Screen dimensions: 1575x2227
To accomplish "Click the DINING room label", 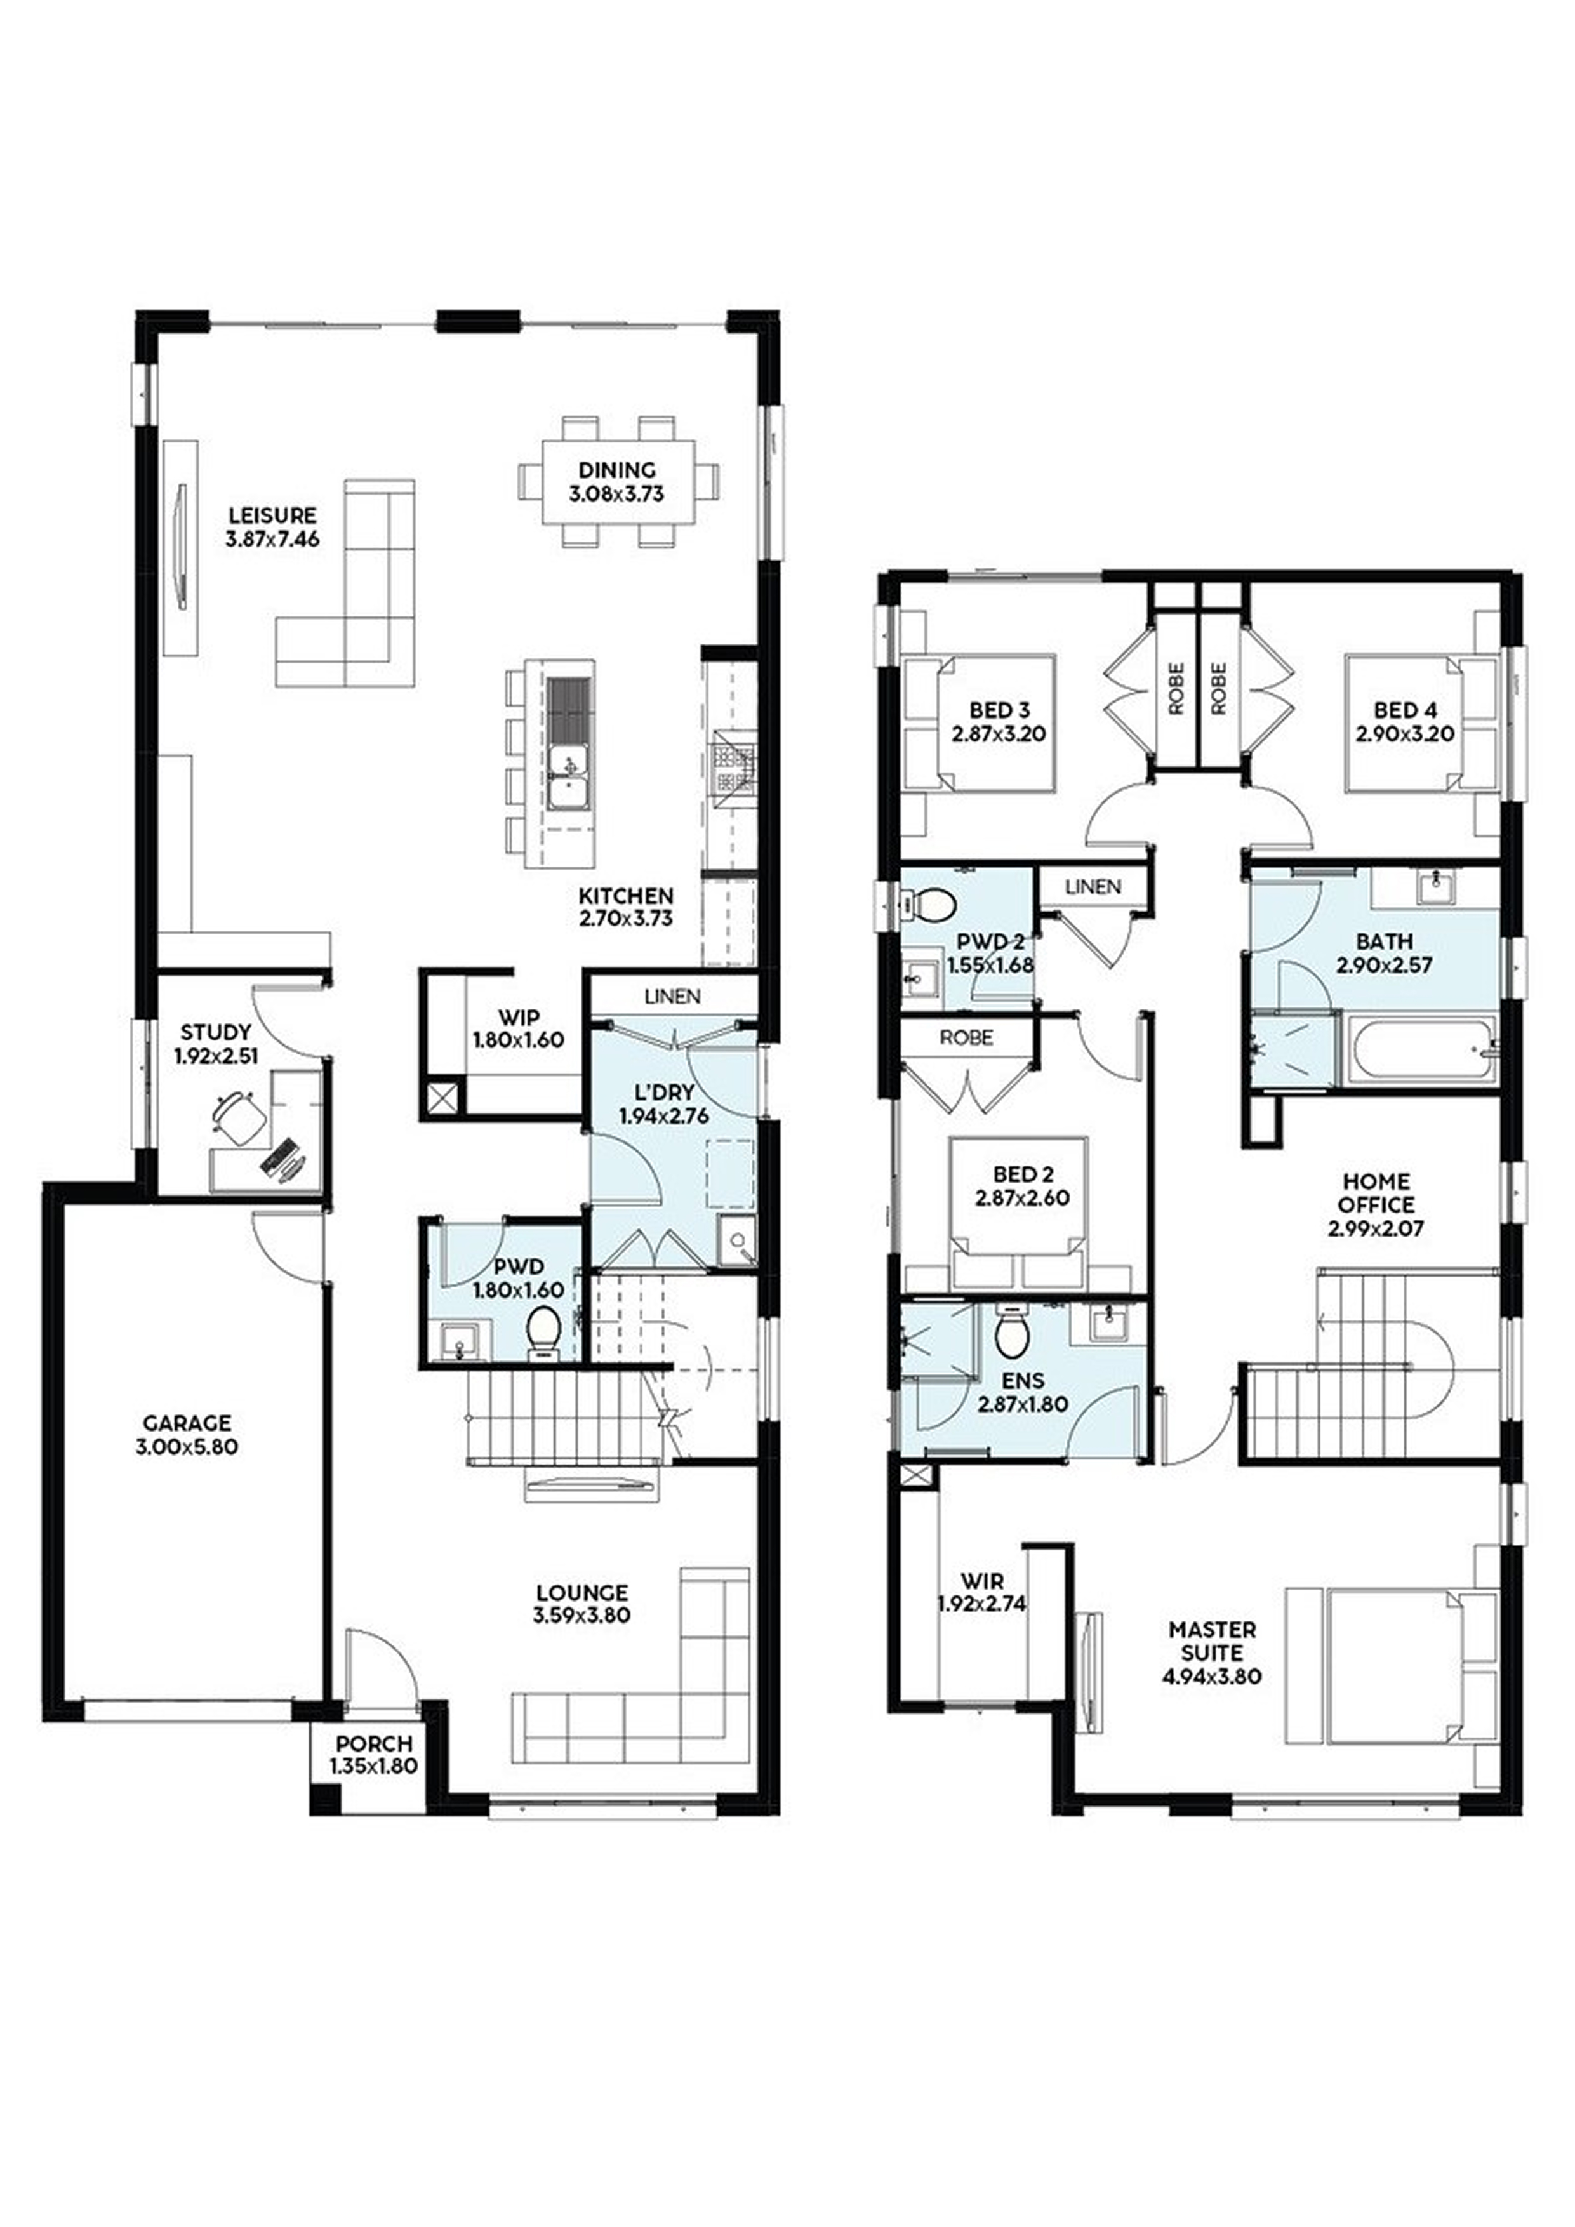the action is tap(618, 470).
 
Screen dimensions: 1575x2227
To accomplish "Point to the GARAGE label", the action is tap(187, 1423).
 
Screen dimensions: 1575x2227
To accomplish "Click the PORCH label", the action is tap(375, 1743).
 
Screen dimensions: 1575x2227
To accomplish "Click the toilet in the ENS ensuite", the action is tap(1011, 1336).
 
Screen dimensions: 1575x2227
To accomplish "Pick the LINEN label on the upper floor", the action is tap(1093, 886).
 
